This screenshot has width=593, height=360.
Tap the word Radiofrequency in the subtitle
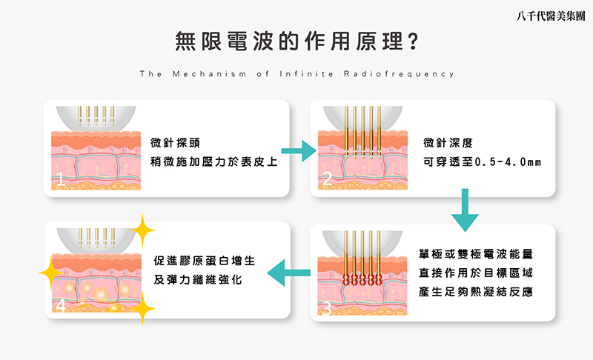coord(398,74)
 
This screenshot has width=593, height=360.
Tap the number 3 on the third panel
coord(327,307)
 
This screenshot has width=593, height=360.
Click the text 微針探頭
coord(174,141)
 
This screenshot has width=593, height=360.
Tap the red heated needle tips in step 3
coord(363,279)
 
